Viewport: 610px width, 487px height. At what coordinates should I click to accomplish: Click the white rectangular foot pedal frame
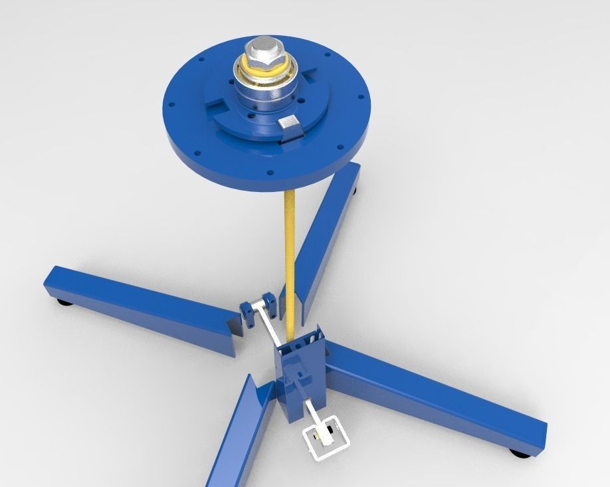tap(326, 441)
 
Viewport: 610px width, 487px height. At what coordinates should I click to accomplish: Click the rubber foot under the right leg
tap(521, 454)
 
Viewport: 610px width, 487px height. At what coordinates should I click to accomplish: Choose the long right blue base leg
tap(439, 399)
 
